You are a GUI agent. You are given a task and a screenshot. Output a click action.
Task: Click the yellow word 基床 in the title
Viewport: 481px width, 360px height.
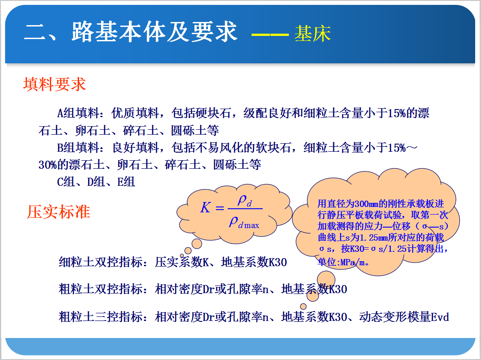pos(312,33)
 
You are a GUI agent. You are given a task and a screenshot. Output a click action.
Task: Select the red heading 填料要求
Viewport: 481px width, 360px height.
pos(55,84)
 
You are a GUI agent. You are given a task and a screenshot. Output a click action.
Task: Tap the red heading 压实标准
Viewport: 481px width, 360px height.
pos(58,212)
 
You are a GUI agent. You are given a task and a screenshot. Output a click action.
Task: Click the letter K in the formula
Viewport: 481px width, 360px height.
pos(205,207)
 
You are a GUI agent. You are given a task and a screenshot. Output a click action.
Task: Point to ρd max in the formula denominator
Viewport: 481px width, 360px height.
pos(244,222)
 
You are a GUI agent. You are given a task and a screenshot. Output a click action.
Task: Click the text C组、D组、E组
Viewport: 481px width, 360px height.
pos(96,182)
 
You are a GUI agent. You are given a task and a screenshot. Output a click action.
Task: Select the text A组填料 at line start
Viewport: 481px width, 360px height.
pos(78,113)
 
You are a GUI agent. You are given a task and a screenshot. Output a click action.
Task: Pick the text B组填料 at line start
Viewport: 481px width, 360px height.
pos(78,148)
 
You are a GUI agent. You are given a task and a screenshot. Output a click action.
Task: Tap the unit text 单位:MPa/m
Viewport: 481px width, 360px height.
pos(343,262)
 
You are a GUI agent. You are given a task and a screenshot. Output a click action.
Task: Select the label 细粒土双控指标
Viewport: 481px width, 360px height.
pos(101,262)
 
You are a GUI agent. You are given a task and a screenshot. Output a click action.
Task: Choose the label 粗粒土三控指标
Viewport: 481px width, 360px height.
pos(101,317)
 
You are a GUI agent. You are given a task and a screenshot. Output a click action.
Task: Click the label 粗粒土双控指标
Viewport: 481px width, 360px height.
pos(101,289)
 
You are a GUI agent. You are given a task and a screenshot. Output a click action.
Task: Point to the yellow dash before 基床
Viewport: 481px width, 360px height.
pos(270,35)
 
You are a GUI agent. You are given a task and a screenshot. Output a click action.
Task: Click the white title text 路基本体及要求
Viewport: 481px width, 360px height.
pos(154,31)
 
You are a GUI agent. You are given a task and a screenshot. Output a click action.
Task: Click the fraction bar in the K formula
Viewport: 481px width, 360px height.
pos(245,209)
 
